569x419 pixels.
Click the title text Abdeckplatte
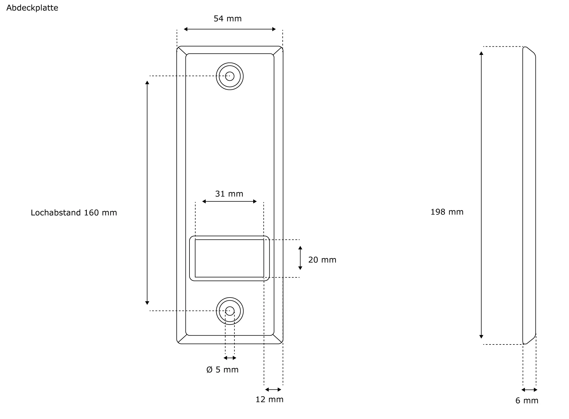(32, 8)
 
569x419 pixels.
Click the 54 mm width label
(228, 19)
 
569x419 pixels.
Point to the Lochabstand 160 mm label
(74, 213)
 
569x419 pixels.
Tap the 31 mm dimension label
(229, 194)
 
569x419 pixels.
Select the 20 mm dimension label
(322, 260)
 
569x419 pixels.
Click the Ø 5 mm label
(222, 370)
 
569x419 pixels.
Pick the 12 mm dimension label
(269, 400)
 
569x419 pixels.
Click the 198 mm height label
(447, 212)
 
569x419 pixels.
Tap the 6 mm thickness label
(527, 401)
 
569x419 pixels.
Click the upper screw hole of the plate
(230, 76)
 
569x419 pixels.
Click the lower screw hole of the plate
(230, 311)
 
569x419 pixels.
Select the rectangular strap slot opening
(229, 258)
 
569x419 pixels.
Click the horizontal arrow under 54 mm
(230, 29)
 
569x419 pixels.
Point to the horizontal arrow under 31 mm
(229, 202)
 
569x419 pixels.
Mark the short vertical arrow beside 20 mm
(300, 258)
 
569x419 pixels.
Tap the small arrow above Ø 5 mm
(230, 358)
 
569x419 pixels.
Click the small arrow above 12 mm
(273, 390)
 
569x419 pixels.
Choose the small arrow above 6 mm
(529, 390)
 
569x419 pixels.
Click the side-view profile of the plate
(529, 195)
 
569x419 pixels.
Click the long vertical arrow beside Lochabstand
(147, 193)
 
